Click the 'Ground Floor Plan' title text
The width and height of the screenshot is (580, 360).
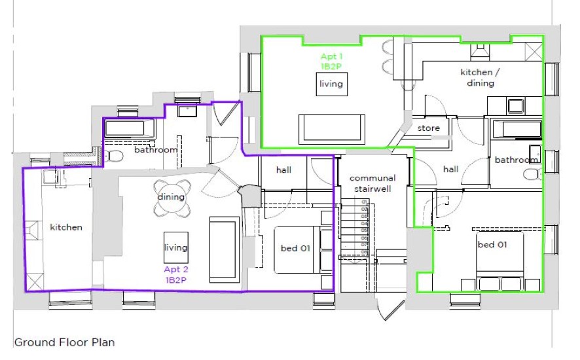click(x=64, y=342)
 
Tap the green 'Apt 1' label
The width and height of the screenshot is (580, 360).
click(x=331, y=57)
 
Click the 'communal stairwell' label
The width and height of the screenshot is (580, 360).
click(x=372, y=183)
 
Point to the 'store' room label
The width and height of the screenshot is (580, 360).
click(x=429, y=128)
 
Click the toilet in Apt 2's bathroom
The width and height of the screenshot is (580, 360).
click(x=114, y=156)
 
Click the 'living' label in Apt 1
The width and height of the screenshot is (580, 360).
click(x=331, y=84)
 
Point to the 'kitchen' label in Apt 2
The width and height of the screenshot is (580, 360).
click(x=66, y=227)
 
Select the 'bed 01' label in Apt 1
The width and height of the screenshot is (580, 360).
click(x=491, y=244)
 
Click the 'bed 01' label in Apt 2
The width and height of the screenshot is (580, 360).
click(x=294, y=248)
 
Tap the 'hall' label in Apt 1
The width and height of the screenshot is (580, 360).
click(x=450, y=170)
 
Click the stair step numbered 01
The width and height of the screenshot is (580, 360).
click(x=365, y=202)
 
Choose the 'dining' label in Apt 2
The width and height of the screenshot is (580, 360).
click(x=171, y=196)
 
